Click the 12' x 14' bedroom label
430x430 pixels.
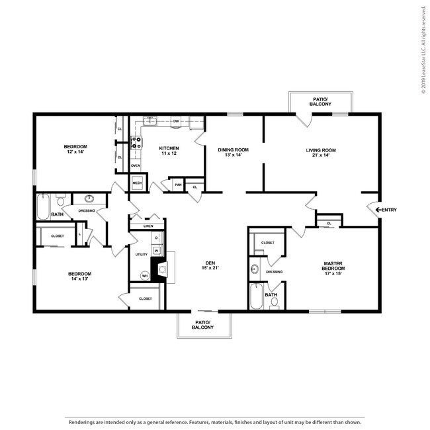75,149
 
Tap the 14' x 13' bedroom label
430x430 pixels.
79,277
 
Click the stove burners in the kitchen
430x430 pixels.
137,144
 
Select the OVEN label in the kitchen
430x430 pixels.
136,165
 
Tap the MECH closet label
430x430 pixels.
138,183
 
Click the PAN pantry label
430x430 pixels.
178,186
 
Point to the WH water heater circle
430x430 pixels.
144,276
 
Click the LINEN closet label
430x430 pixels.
148,226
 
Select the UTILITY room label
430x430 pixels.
141,254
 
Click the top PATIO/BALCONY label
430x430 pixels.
321,101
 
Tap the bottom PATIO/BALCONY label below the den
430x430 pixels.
202,324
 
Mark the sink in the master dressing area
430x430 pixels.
255,269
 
